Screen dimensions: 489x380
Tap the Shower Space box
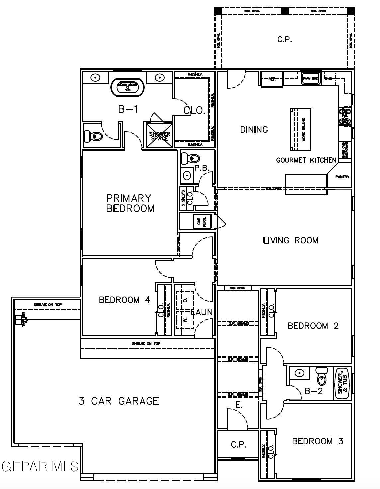pyautogui.click(x=159, y=135)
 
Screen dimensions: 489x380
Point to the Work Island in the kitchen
pyautogui.click(x=301, y=129)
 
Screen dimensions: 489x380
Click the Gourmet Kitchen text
pyautogui.click(x=306, y=160)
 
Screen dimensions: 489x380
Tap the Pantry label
pyautogui.click(x=342, y=177)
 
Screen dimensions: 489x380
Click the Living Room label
pyautogui.click(x=290, y=240)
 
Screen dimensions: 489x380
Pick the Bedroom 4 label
pyautogui.click(x=125, y=300)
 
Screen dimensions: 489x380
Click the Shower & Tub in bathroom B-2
pyautogui.click(x=342, y=383)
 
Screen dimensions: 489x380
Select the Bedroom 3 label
pyautogui.click(x=317, y=441)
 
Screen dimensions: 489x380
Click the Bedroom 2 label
pyautogui.click(x=313, y=326)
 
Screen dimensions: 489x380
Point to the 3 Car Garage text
pyautogui.click(x=119, y=401)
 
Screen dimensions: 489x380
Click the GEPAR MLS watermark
pyautogui.click(x=40, y=466)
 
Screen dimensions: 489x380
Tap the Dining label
pyautogui.click(x=254, y=130)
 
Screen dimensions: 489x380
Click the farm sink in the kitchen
pyautogui.click(x=311, y=79)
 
